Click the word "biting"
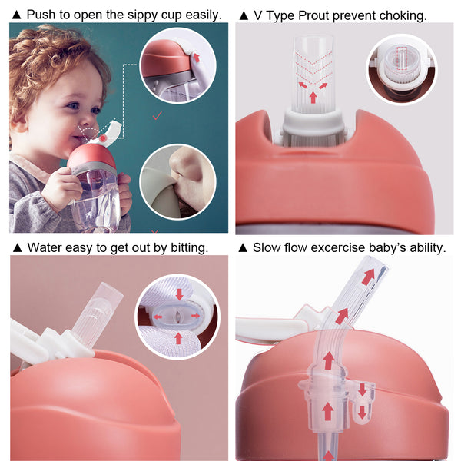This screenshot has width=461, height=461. [189, 247]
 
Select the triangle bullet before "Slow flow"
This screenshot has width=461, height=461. [244, 247]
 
